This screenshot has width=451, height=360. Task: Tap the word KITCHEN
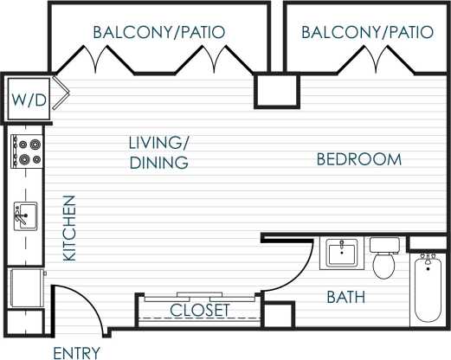(70, 228)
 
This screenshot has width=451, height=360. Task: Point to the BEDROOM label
(358, 159)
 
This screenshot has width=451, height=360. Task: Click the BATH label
(345, 298)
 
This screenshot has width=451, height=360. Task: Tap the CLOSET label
(200, 310)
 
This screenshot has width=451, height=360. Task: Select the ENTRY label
(77, 352)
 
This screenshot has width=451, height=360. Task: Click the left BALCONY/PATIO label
(159, 32)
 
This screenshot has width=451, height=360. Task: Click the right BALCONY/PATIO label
(367, 32)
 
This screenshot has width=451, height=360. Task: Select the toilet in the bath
(383, 258)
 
